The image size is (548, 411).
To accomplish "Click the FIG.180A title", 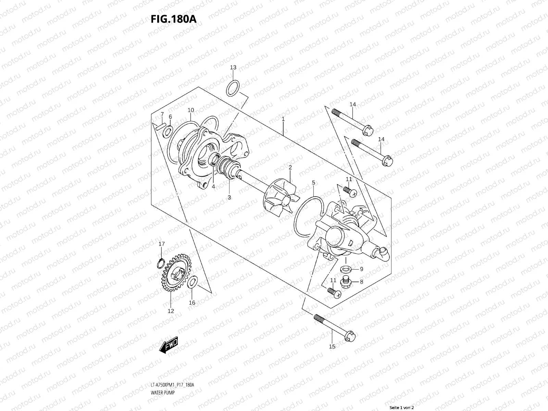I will click(173, 19).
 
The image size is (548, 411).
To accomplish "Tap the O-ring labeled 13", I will click(233, 87).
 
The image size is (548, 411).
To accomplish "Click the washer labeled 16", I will click(192, 282).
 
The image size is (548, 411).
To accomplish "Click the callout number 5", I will click(313, 183).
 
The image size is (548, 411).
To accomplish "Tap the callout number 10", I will click(191, 110).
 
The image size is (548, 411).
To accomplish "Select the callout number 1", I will click(283, 119).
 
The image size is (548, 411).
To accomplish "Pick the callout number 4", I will click(213, 187).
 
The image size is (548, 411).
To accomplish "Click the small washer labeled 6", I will click(168, 131).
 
